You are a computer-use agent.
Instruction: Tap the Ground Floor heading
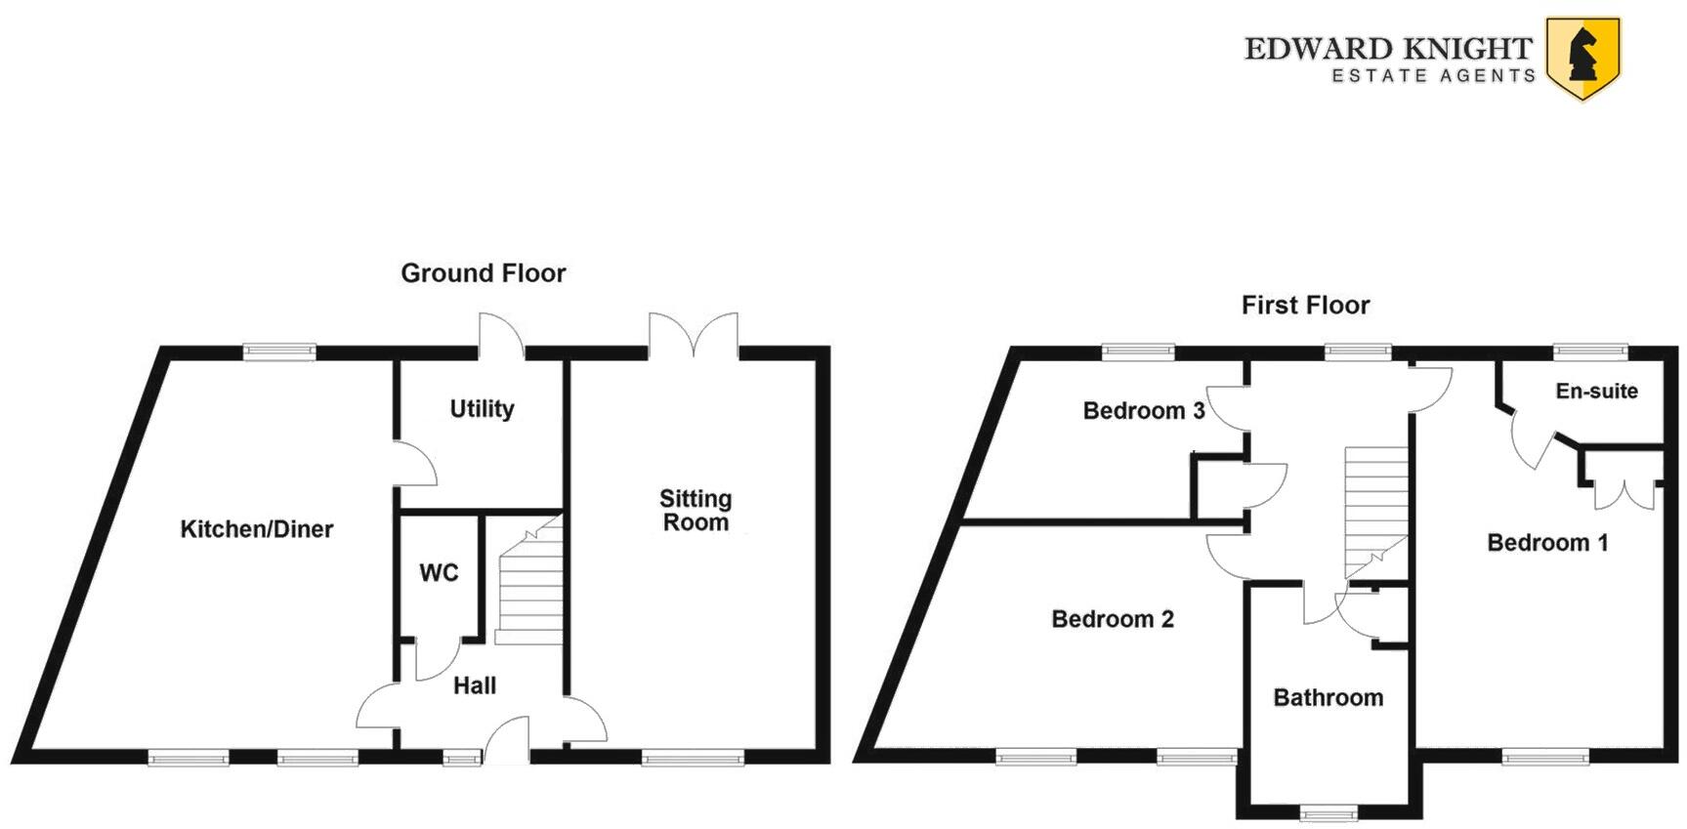[483, 273]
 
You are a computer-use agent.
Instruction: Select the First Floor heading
[1305, 306]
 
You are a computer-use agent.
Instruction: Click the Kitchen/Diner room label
[257, 529]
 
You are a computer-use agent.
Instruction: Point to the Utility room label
[482, 408]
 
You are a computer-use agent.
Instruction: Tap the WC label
[439, 573]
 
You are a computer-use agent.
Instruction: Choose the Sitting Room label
[696, 511]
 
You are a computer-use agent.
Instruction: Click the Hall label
[475, 686]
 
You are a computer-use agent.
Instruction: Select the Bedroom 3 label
[1143, 411]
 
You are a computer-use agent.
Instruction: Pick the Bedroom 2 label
[1112, 619]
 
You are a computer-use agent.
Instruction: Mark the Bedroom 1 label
[1547, 543]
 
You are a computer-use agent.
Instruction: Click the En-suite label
[1596, 392]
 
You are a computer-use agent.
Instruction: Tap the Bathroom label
[1328, 698]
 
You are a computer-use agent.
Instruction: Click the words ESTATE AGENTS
[1433, 76]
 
